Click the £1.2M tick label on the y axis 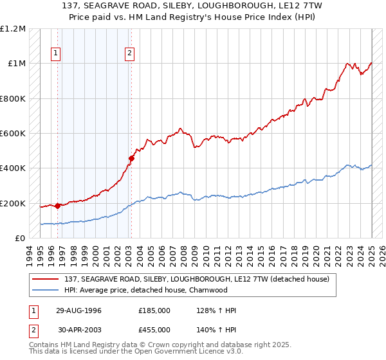pyautogui.click(x=13, y=29)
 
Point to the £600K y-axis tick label pyautogui.click(x=13, y=134)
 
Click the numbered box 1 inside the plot pyautogui.click(x=57, y=53)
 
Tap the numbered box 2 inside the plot pyautogui.click(x=130, y=53)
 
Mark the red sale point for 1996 pyautogui.click(x=58, y=206)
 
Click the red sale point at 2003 pyautogui.click(x=131, y=158)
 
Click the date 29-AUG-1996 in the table pyautogui.click(x=78, y=310)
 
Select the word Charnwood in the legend pyautogui.click(x=209, y=289)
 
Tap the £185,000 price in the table pyautogui.click(x=154, y=310)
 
